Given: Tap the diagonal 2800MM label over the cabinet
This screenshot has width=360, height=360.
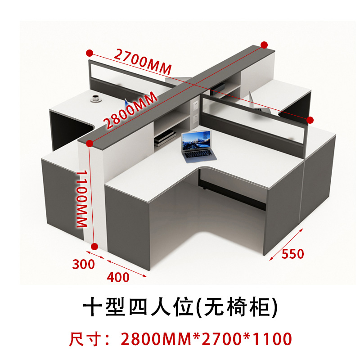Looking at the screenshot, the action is pos(130,110).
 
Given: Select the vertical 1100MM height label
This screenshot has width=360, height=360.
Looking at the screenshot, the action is pos(81,198).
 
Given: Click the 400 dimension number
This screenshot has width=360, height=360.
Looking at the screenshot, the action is pos(118,277).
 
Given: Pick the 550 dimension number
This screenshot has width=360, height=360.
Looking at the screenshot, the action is pos(293,254).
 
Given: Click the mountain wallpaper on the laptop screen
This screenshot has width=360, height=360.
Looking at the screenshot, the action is pos(197,142).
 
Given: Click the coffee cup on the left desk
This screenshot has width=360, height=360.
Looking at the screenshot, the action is pos(95,98).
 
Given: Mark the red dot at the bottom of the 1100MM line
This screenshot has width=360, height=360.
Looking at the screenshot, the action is pos(94,246).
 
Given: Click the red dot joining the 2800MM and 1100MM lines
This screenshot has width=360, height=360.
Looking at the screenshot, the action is pos(89,144).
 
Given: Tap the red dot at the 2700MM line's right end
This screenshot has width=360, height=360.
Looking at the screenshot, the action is pos(310,119).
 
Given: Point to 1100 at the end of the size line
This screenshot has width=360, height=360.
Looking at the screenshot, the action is pos(270,338).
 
